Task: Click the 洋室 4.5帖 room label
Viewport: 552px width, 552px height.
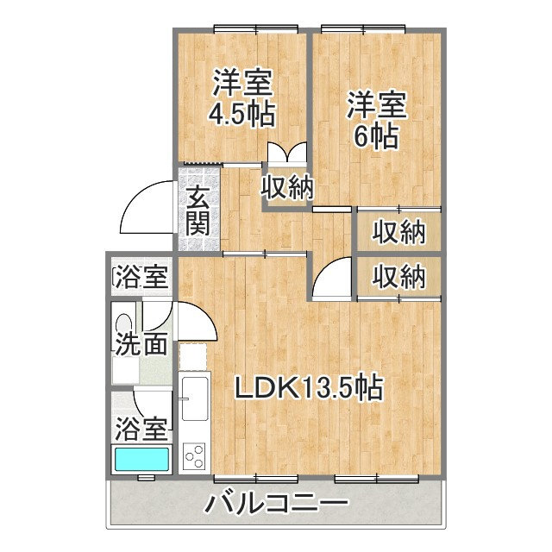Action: point(243,98)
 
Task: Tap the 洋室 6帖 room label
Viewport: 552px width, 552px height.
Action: point(377,121)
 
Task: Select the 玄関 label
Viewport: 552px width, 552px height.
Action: point(198,211)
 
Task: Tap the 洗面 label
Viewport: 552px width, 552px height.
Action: point(141,345)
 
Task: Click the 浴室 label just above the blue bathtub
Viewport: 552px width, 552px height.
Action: point(141,427)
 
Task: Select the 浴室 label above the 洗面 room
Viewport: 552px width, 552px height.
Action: point(141,278)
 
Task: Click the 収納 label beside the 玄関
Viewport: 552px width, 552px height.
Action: point(287,187)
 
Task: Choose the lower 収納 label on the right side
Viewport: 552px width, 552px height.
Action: point(399,277)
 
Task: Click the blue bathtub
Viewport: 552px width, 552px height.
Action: point(142,458)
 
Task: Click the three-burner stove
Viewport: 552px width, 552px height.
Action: point(195,455)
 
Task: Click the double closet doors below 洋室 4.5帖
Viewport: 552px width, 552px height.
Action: point(286,154)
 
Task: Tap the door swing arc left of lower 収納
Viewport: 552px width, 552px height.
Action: point(331,279)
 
